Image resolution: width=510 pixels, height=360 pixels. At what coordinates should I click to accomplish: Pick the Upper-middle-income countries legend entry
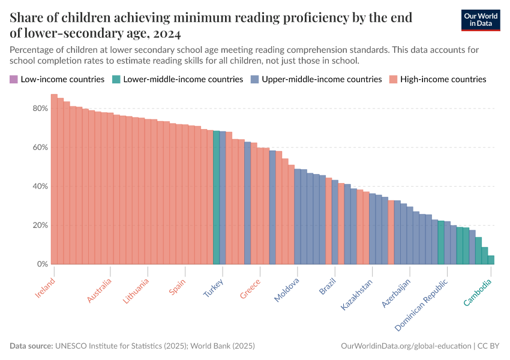coord(316,79)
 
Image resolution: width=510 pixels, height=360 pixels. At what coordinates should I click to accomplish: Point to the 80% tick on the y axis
coord(40,109)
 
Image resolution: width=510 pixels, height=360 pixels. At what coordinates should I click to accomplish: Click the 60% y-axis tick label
coord(40,148)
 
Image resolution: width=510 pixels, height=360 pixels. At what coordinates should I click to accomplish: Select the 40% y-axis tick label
coord(40,187)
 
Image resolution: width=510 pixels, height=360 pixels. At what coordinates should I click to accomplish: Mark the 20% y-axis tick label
coord(40,226)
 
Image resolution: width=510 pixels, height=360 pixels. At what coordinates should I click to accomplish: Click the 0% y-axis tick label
coord(42,265)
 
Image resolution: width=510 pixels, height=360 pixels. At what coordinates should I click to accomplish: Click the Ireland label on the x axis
coord(45,287)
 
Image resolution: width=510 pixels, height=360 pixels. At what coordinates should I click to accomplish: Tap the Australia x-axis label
coord(100,290)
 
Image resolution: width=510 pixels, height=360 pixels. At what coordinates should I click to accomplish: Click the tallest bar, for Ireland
coord(54,180)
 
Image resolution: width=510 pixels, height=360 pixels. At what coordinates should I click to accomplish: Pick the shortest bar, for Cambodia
coord(491,260)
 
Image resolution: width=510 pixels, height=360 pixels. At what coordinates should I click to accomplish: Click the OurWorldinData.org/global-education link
coord(406,346)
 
